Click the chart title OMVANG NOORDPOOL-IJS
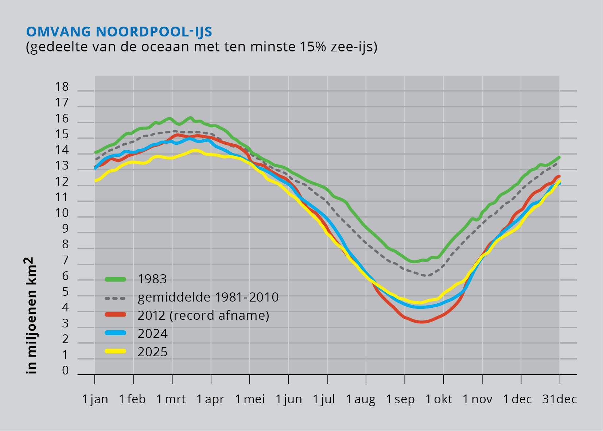119,31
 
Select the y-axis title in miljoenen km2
30,315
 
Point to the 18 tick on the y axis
62,87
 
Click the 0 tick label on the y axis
65,371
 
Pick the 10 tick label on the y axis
62,213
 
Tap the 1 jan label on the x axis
95,399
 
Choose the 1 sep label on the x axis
400,399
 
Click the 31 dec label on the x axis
559,399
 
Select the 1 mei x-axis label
250,399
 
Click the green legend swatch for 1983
116,279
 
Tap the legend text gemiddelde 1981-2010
208,298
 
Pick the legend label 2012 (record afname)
203,315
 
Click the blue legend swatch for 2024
116,333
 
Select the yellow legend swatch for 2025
116,351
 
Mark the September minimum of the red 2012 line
421,322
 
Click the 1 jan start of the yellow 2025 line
96,180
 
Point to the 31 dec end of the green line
559,157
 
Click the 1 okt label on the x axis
439,399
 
